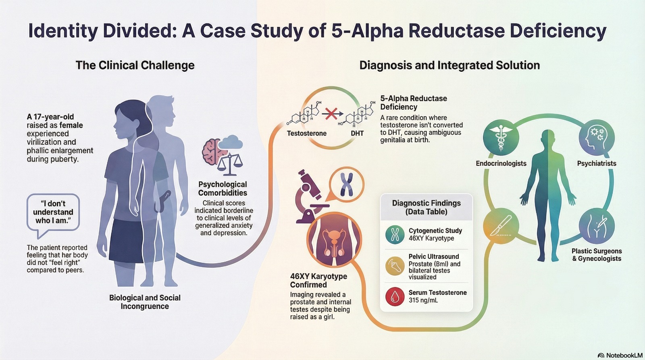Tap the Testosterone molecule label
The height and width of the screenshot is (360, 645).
click(x=306, y=133)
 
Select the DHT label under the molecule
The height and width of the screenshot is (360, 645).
click(x=357, y=133)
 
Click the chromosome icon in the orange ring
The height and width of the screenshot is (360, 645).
click(x=346, y=184)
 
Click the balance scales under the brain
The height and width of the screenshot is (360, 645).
click(x=230, y=163)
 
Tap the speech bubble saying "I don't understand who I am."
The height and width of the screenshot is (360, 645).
click(x=53, y=212)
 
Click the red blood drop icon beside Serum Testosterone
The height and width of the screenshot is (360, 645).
click(x=395, y=297)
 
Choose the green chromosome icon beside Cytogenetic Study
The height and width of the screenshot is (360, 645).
click(x=395, y=235)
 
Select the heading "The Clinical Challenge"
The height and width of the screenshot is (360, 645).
click(x=135, y=65)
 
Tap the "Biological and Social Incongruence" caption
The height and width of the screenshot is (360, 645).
click(x=145, y=302)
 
